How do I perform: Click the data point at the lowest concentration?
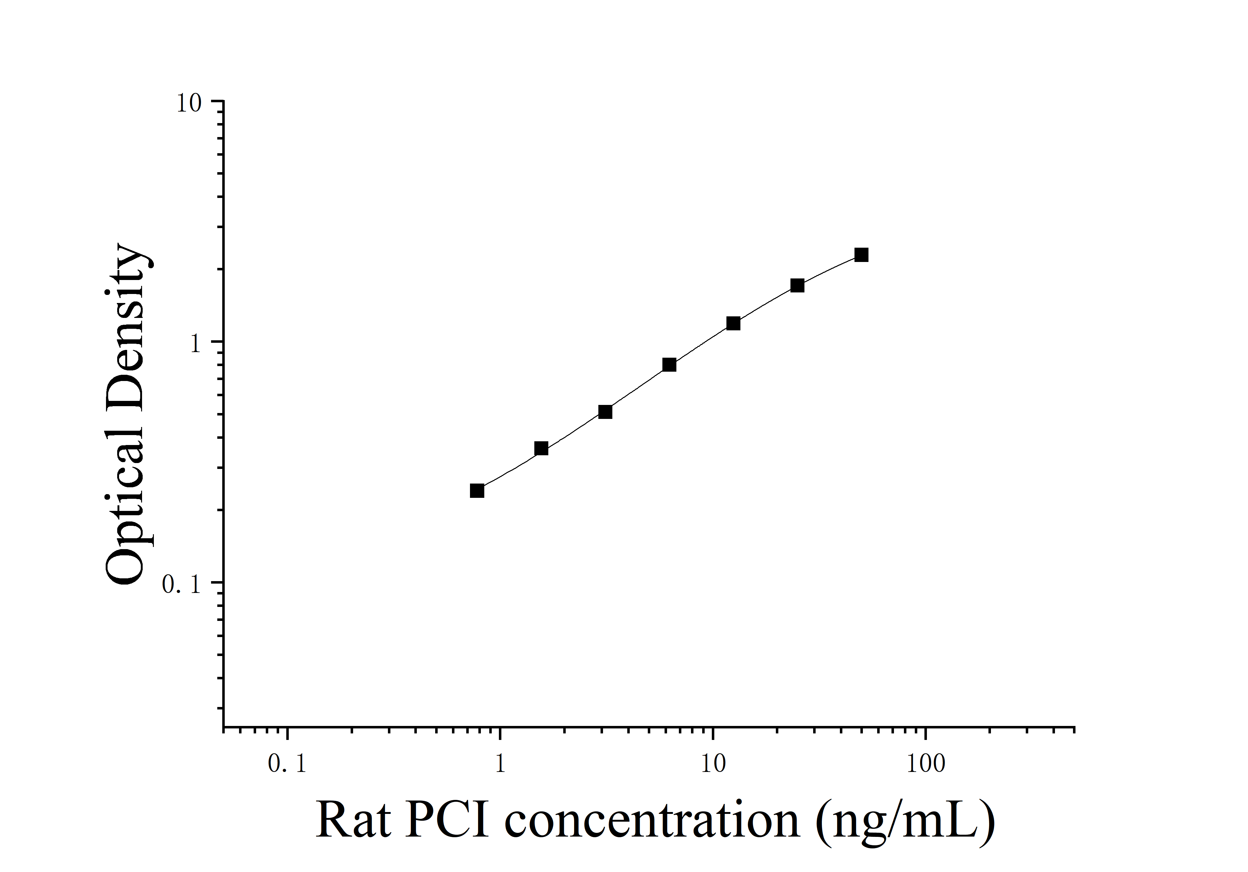point(477,491)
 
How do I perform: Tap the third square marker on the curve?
point(605,412)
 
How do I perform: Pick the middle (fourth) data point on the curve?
point(669,365)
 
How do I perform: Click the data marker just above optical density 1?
point(733,323)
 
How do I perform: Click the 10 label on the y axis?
point(189,103)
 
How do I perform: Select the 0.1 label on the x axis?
point(287,764)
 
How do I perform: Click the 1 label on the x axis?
point(500,764)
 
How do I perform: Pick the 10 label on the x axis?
point(713,764)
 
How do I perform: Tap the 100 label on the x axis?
point(926,764)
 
